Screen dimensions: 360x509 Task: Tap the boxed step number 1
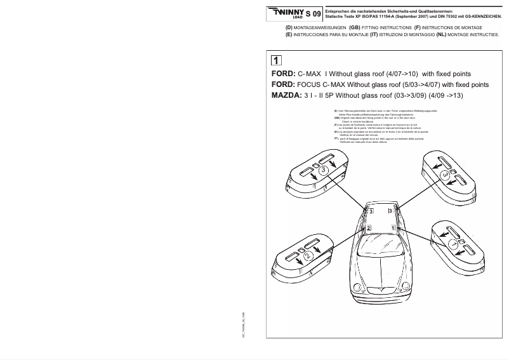277,61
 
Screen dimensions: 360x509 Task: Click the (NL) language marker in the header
442,36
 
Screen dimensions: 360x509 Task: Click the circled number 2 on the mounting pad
307,255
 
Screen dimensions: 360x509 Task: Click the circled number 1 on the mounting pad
453,243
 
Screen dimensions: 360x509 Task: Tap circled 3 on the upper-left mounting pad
324,170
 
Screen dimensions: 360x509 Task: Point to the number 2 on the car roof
369,227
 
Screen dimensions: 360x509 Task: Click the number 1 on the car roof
393,227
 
